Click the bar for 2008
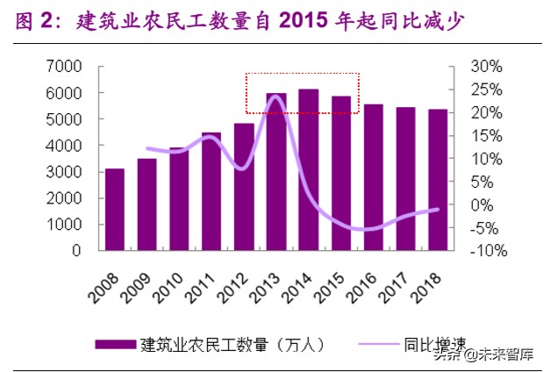[x=114, y=210]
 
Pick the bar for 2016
[x=373, y=177]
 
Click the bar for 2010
[x=179, y=199]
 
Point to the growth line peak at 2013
[x=276, y=96]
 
